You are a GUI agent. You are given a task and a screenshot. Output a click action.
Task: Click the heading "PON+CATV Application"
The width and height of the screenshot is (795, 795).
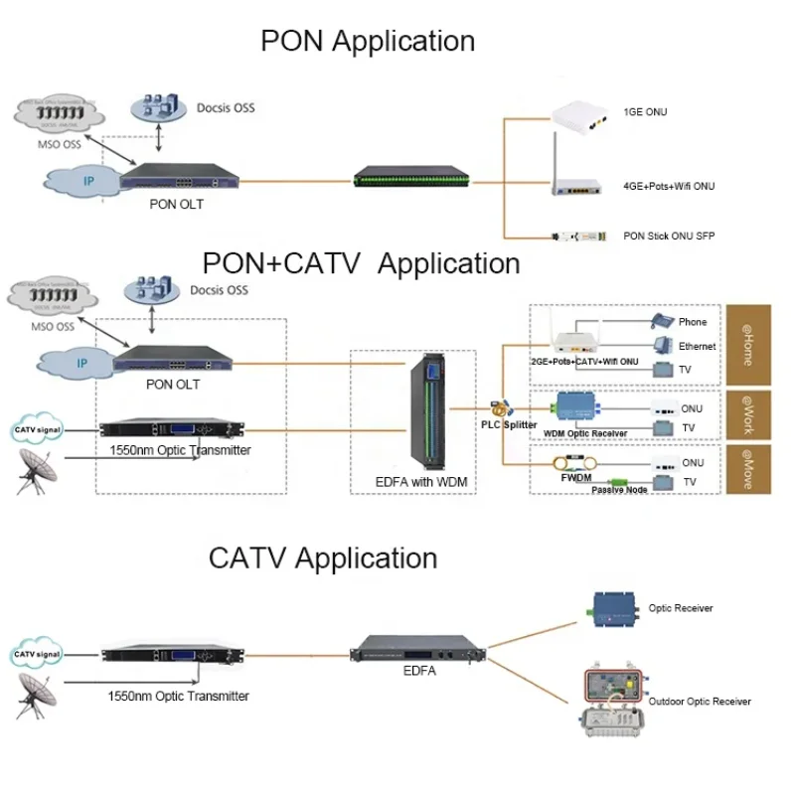click(x=361, y=263)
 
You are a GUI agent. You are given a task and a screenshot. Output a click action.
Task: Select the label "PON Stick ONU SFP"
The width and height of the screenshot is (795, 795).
click(x=669, y=237)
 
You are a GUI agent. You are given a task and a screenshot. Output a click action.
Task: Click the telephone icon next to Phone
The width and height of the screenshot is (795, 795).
click(x=662, y=321)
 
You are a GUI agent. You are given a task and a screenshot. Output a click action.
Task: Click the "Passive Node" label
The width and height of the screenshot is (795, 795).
click(x=620, y=490)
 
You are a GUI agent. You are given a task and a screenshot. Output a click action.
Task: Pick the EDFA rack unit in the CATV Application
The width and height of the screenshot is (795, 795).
click(x=418, y=652)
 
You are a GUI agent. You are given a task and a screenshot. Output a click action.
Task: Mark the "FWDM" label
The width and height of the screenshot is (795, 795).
click(x=575, y=479)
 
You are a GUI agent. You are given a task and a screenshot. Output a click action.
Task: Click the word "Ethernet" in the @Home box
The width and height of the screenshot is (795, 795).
click(x=698, y=347)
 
